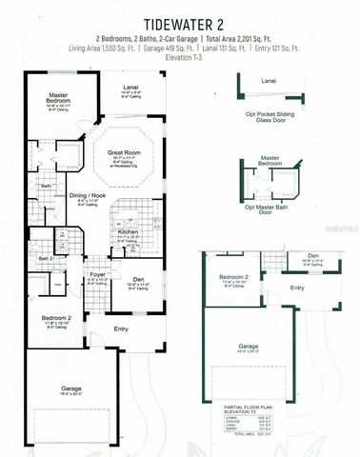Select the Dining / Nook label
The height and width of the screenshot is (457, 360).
[x=88, y=196]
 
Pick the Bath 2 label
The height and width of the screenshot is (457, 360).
[x=45, y=258]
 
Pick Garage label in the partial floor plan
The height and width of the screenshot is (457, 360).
[x=248, y=347]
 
